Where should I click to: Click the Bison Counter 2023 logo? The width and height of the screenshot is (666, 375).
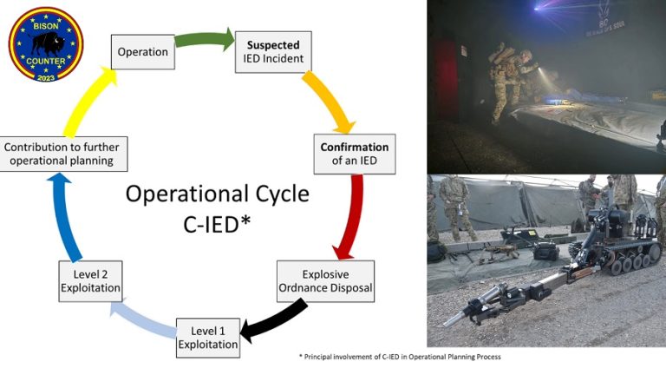[x=45, y=44]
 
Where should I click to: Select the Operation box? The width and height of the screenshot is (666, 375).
[x=143, y=52]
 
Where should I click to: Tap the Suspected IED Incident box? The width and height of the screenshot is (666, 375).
[x=274, y=51]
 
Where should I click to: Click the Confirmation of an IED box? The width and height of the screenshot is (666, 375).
[x=354, y=154]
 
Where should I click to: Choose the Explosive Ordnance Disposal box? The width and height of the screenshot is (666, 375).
[x=326, y=280]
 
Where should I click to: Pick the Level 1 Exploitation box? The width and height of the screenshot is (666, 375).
[x=208, y=337]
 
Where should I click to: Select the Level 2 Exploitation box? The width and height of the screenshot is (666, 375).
[x=90, y=280]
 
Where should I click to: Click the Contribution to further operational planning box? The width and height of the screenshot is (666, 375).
[x=64, y=155]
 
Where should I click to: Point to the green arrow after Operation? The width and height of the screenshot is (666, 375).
[x=205, y=39]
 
